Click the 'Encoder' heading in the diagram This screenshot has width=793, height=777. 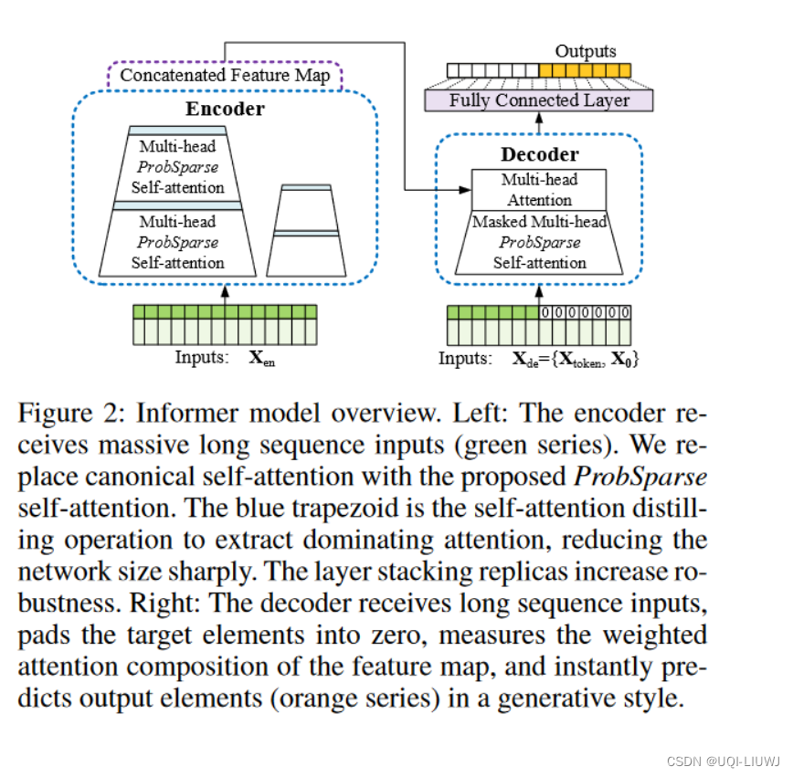point(225,110)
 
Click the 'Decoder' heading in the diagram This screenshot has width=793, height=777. point(539,154)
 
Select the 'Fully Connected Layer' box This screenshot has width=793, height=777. point(539,100)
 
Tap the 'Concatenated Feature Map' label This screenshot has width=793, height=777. point(225,75)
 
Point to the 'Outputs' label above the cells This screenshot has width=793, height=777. point(586,51)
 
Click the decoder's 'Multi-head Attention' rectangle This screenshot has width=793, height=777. point(539,190)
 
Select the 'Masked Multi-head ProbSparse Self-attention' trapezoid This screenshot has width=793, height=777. point(539,243)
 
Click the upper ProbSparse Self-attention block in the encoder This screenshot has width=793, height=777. point(181,166)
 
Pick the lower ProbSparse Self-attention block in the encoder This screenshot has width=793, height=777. point(181,242)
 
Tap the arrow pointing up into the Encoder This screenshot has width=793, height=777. point(225,293)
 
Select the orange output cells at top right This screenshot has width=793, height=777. point(585,70)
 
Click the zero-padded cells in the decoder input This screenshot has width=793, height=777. point(585,312)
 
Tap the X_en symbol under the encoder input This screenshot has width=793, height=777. point(262,358)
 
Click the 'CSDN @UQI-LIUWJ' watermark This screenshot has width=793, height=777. point(722,761)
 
